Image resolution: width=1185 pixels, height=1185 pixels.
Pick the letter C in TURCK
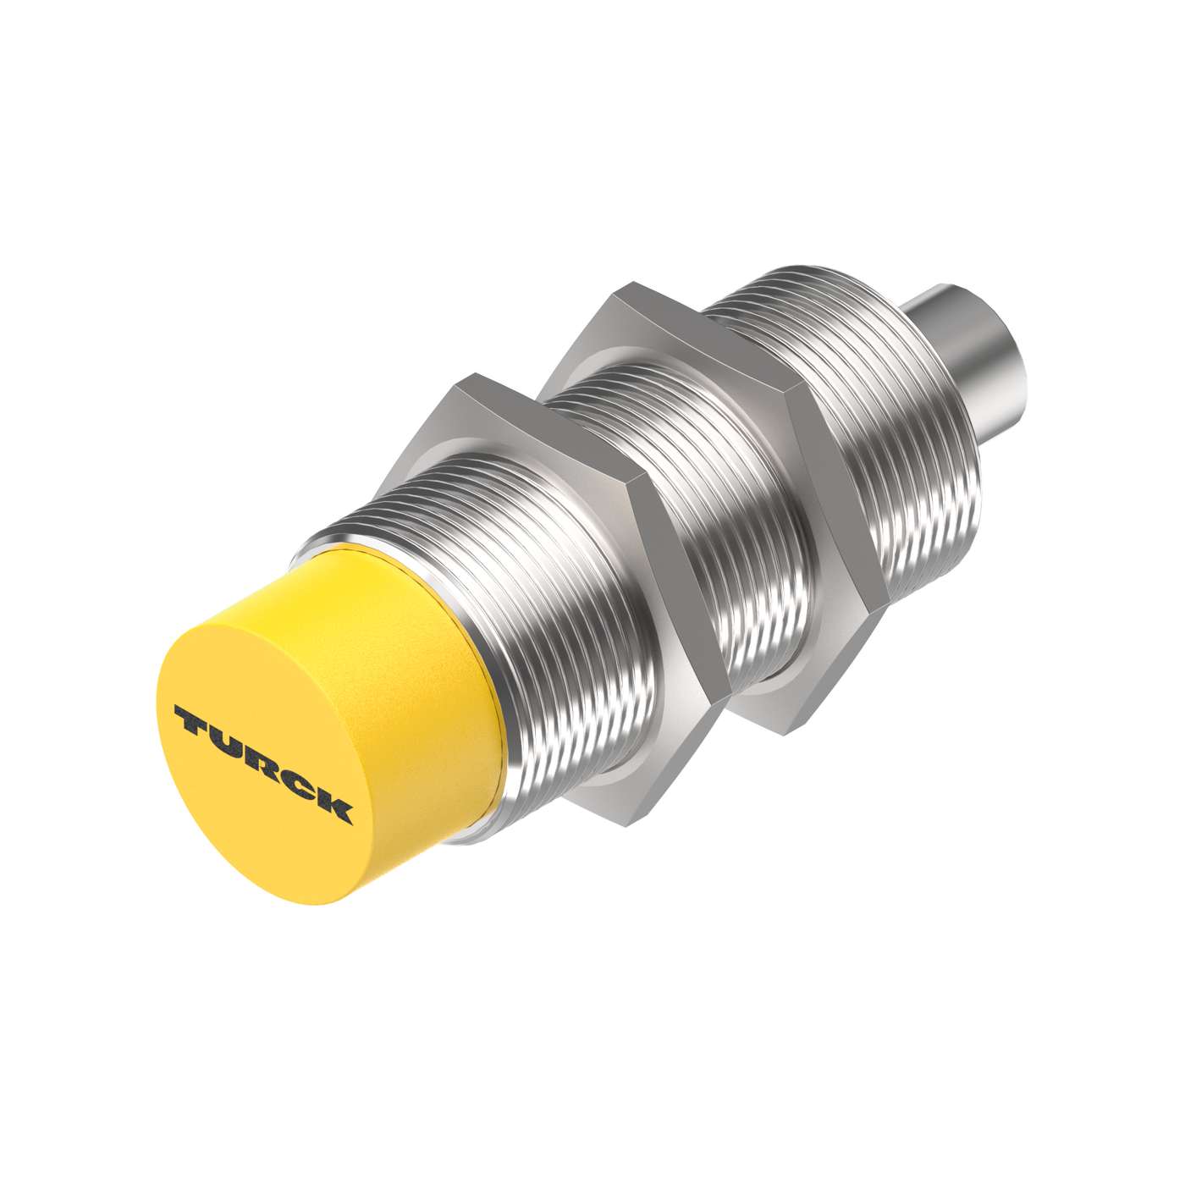pyautogui.click(x=297, y=782)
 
